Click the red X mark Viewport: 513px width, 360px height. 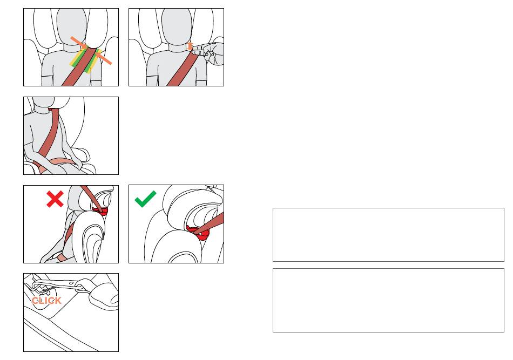coord(55,199)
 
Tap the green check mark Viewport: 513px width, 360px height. coord(145,199)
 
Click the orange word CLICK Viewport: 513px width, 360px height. coord(46,301)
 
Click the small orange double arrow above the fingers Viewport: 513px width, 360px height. coord(190,46)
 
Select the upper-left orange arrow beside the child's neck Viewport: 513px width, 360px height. coord(79,43)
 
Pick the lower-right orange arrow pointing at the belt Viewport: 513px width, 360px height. coord(103,57)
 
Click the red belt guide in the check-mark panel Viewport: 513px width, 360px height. coord(198,233)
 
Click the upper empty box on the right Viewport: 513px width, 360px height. coord(388,235)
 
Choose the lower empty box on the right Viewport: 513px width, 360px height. coord(388,301)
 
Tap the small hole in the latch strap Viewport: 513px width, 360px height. coord(71,283)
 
